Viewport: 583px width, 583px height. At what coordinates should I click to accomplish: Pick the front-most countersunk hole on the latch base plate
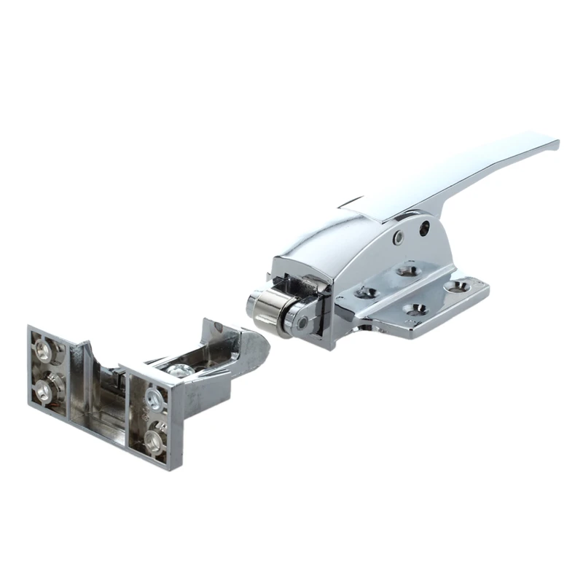(413, 313)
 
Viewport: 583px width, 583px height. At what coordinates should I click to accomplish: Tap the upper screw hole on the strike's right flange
(154, 397)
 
